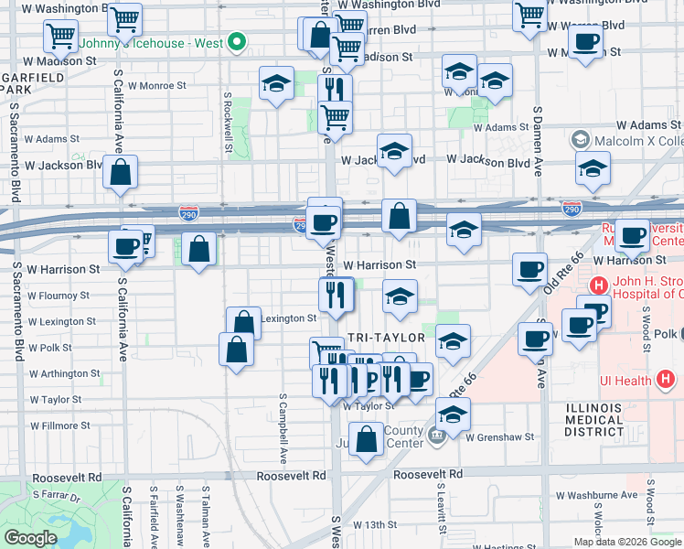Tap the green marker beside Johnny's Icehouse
236,41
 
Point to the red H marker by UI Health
665,379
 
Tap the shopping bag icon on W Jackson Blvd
121,172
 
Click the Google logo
31,538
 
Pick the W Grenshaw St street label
499,437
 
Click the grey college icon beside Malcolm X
579,140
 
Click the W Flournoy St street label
59,296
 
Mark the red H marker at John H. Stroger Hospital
599,285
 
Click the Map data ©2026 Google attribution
626,541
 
